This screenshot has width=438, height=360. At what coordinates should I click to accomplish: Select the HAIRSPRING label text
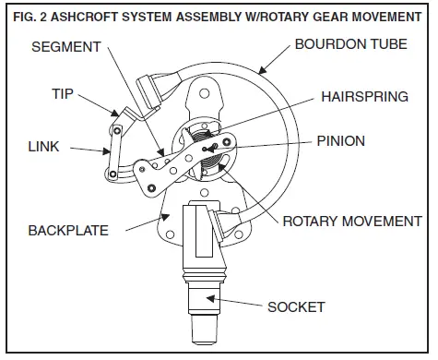point(363,94)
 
